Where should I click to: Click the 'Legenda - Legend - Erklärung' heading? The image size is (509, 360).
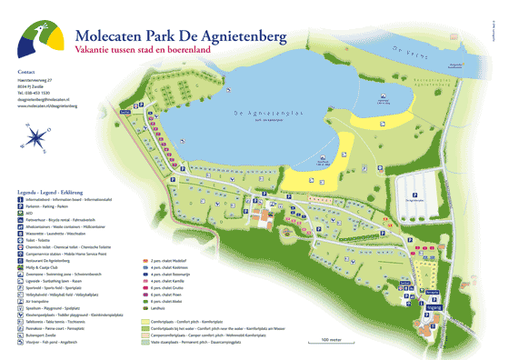click(x=60, y=194)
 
